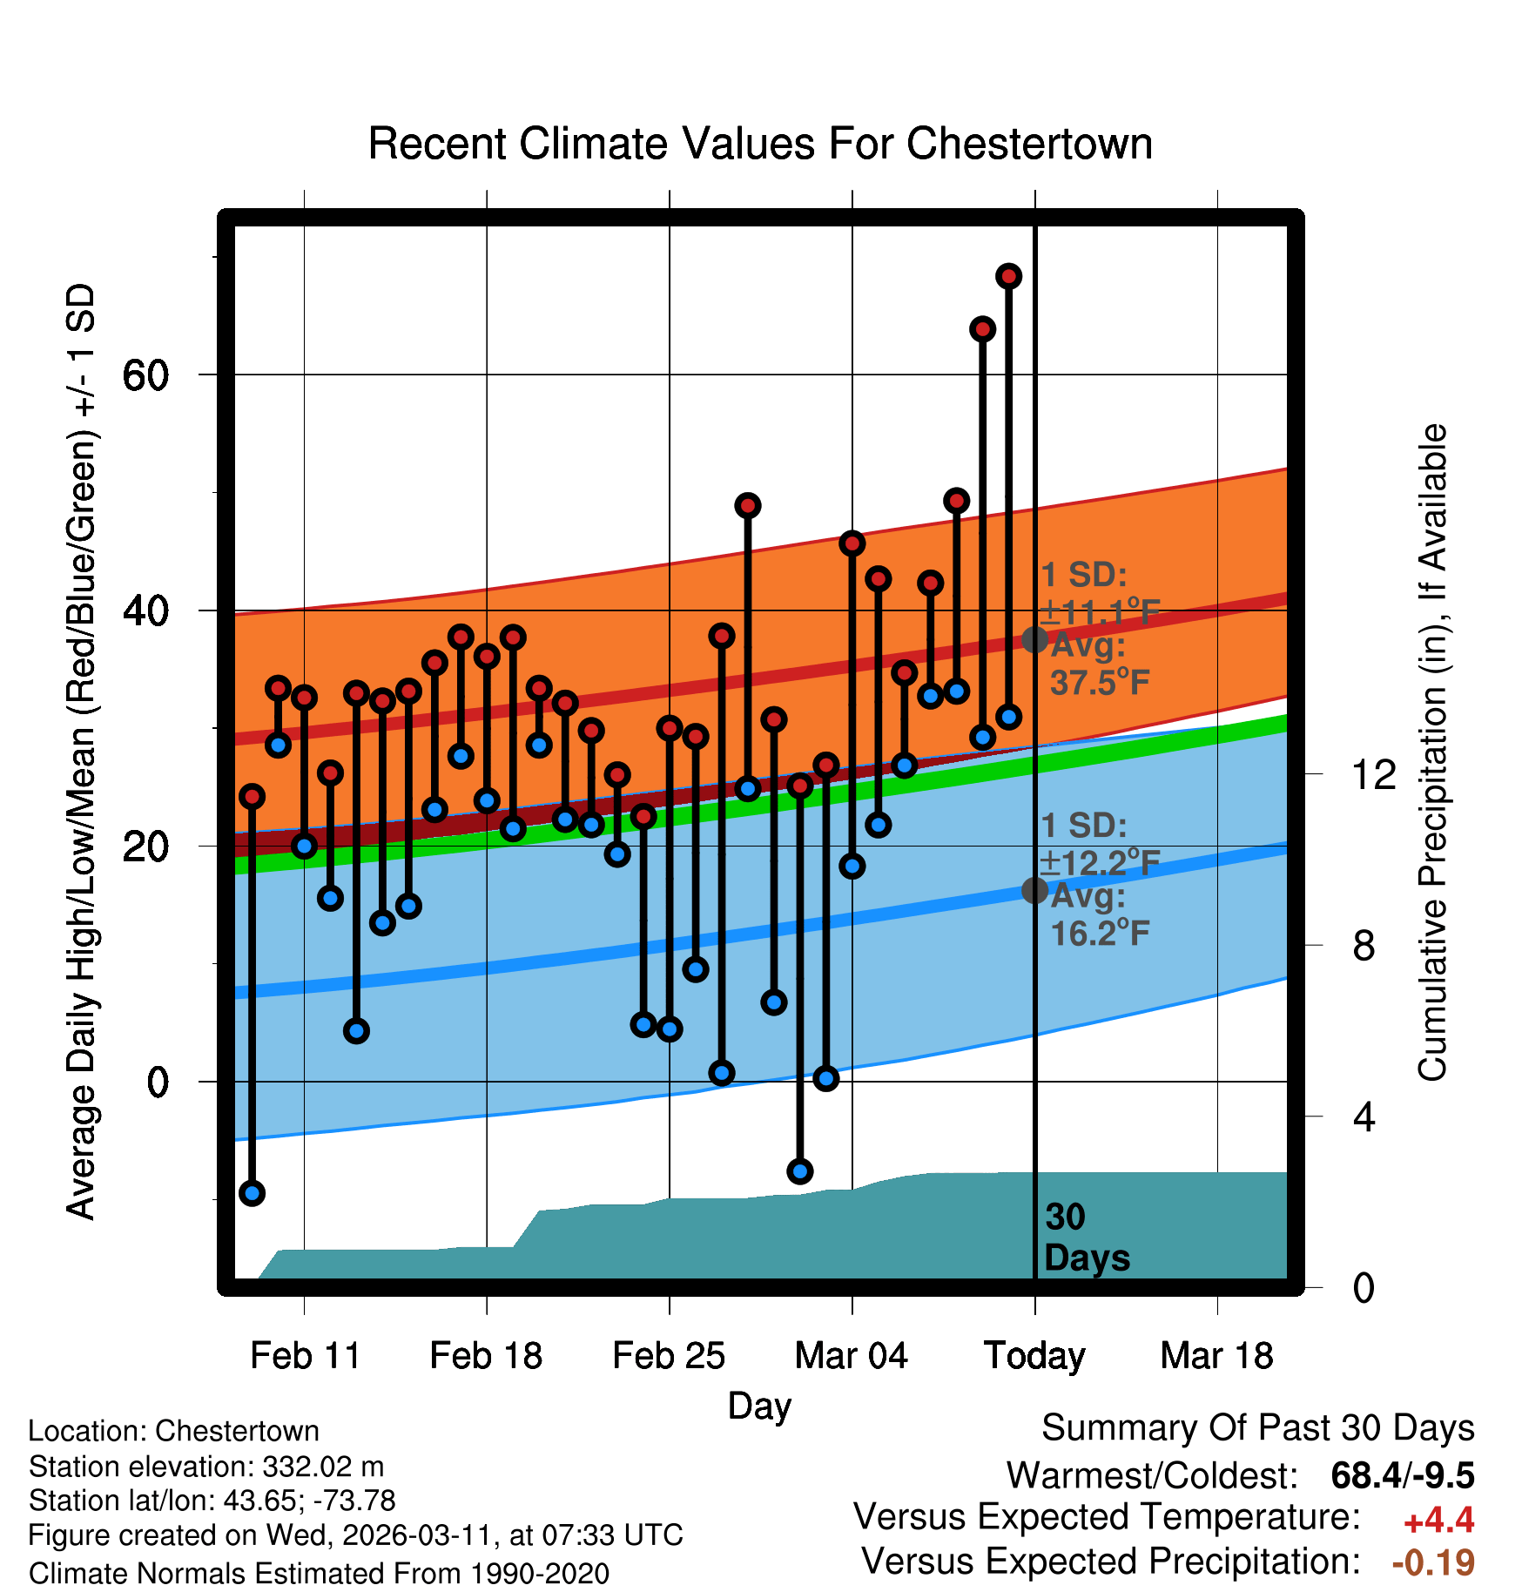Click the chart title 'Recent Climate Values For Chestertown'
tap(760, 144)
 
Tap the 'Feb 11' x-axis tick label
tap(305, 1356)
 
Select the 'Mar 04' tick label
tap(851, 1356)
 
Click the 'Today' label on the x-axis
tap(1034, 1356)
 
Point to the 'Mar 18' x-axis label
tap(1216, 1356)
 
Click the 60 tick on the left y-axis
tap(145, 375)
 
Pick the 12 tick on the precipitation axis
tap(1373, 774)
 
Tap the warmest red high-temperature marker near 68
tap(1008, 276)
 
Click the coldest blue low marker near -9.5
tap(252, 1193)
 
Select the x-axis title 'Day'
tap(759, 1406)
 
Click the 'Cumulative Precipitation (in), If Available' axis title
tap(1432, 753)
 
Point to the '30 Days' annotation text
tap(1086, 1238)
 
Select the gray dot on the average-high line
tap(1034, 639)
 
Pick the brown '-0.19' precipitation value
tap(1433, 1562)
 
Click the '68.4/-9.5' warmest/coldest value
tap(1402, 1475)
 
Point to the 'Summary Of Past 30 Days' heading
tap(1257, 1428)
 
